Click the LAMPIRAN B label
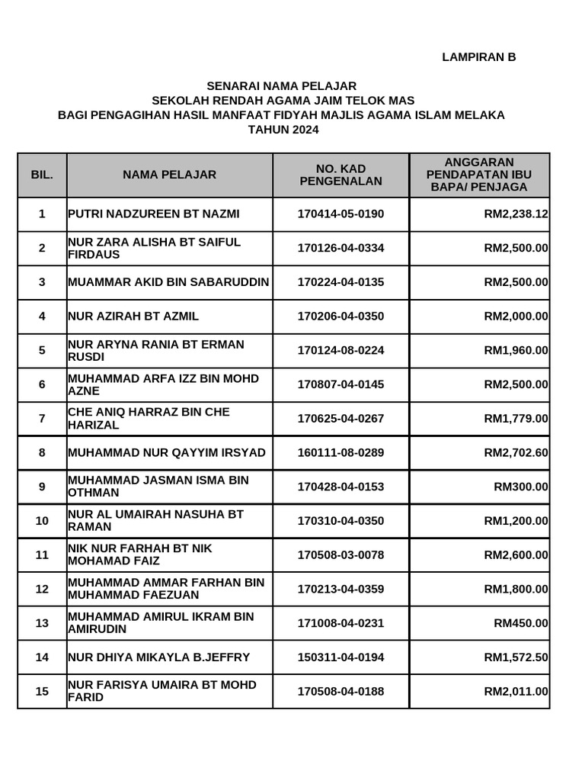(479, 57)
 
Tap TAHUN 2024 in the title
(283, 130)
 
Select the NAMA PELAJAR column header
(169, 175)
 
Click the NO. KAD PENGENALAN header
(340, 175)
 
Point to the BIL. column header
(42, 175)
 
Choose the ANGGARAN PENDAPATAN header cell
(479, 175)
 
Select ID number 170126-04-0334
(340, 248)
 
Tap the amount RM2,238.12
(516, 214)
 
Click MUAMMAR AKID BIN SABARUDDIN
(168, 282)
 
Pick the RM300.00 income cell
(521, 487)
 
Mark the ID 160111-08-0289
(340, 452)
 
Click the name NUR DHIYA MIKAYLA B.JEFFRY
(158, 657)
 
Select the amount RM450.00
(521, 623)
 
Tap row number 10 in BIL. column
(42, 521)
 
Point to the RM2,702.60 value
(516, 452)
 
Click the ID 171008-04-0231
(340, 623)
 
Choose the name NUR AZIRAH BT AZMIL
(133, 316)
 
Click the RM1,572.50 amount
(516, 657)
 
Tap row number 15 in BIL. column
(42, 692)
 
